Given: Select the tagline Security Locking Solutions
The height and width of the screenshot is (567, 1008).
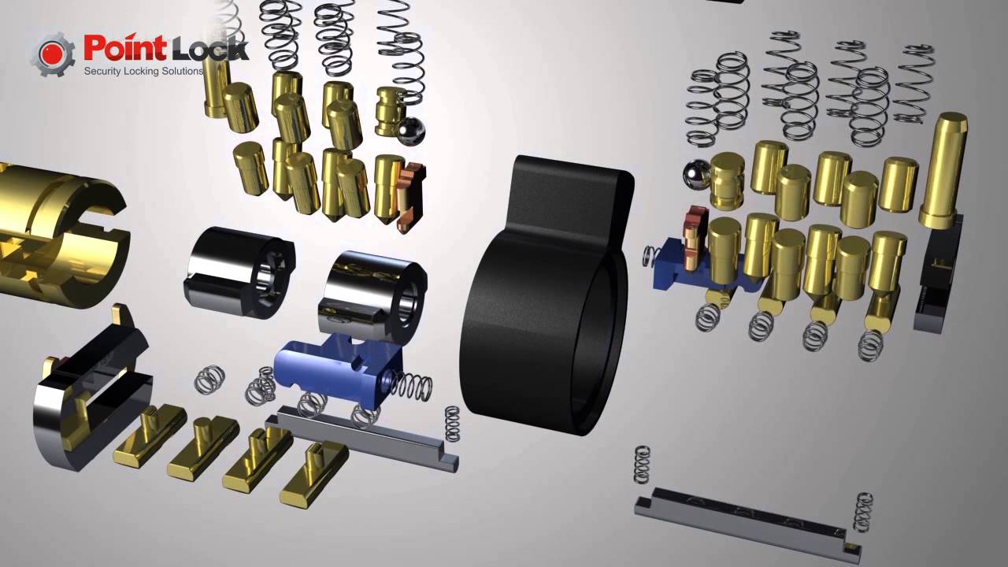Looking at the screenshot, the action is tap(143, 71).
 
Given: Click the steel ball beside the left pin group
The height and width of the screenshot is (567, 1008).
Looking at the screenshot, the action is tap(409, 131).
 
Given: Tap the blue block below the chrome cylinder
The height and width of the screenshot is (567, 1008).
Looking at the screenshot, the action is tap(338, 369).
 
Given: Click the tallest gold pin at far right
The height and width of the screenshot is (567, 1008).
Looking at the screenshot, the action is tap(943, 170).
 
